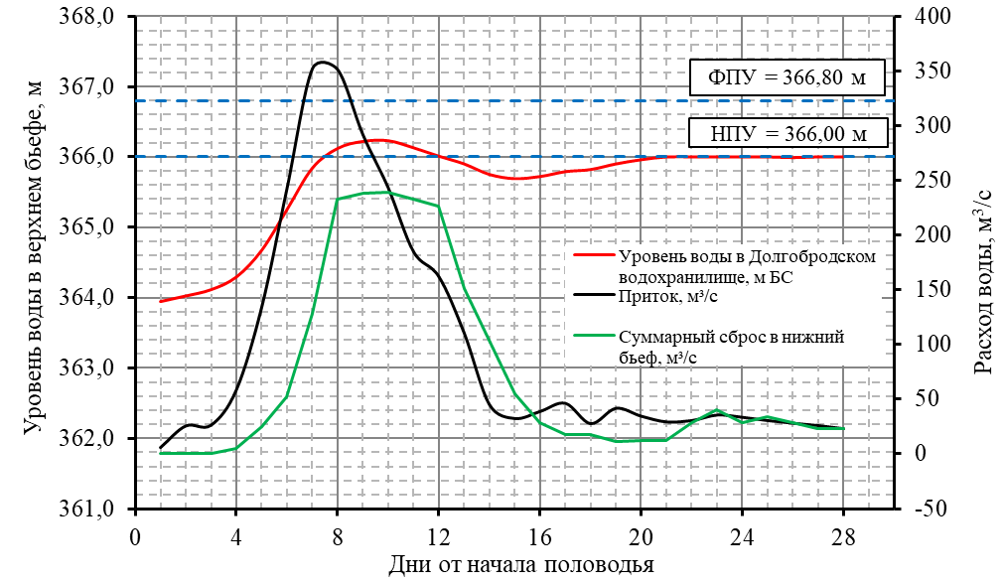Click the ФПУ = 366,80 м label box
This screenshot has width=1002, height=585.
point(786,77)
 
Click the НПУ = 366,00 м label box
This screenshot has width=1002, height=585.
point(786,133)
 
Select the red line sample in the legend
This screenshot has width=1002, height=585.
point(594,254)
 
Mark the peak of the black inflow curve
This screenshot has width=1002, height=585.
point(321,63)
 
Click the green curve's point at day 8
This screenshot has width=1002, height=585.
point(338,200)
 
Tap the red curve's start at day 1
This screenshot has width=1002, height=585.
point(160,301)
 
